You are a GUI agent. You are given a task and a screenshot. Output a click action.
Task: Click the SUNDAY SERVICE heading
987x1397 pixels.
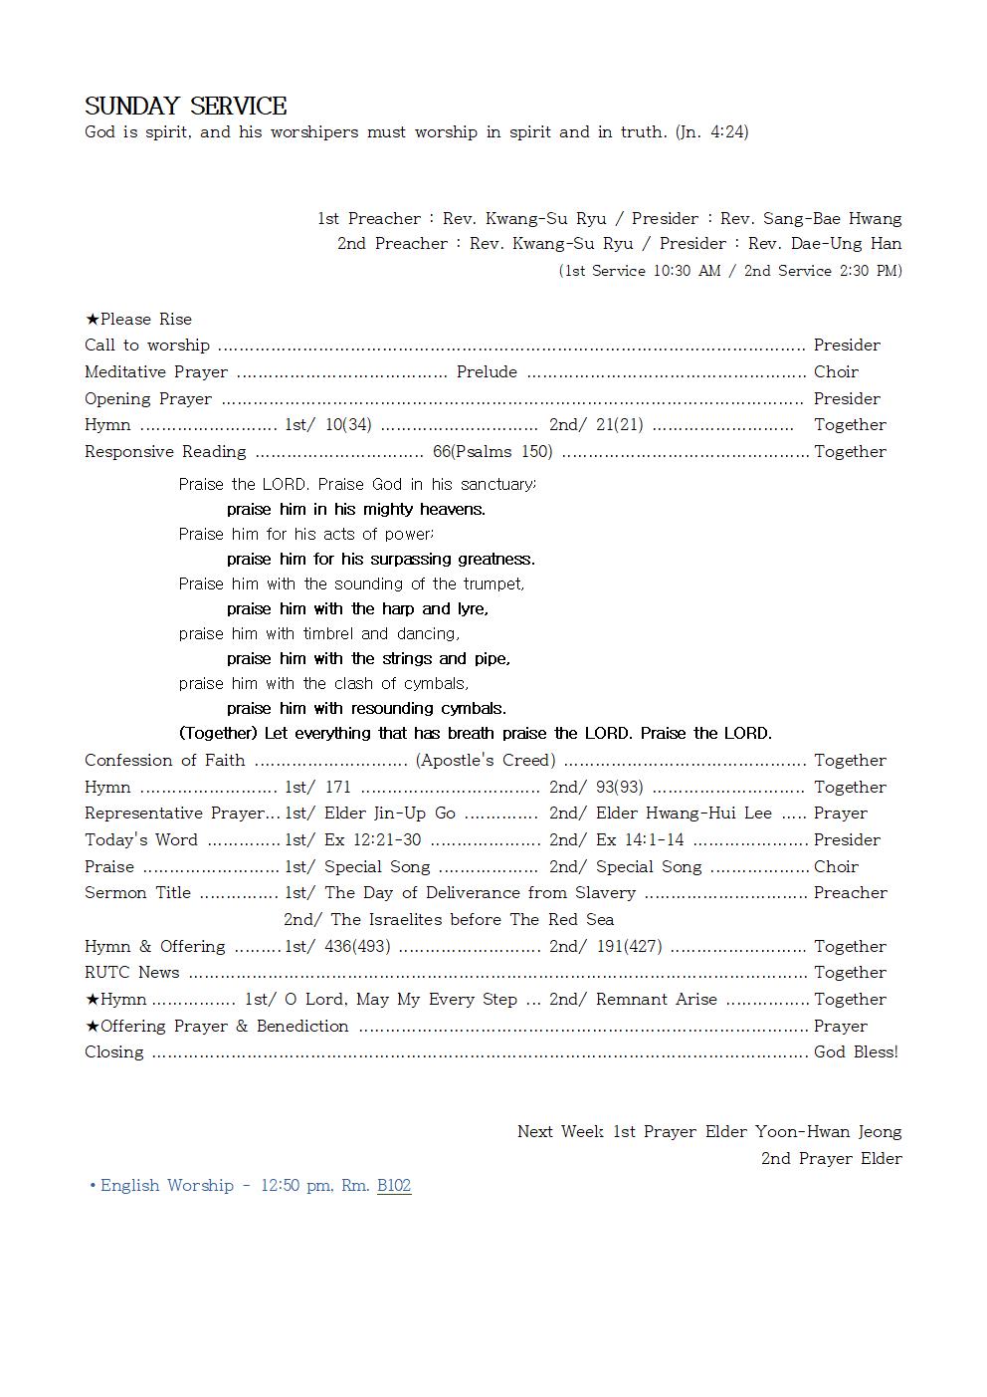tap(186, 107)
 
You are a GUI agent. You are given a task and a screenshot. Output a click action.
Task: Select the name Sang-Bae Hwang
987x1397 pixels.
tap(832, 218)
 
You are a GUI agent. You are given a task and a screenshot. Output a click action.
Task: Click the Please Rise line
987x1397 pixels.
tap(138, 319)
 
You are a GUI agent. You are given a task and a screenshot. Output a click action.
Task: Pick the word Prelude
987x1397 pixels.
tap(487, 371)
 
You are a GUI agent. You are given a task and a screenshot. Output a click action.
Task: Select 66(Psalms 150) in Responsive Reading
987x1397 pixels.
tap(493, 452)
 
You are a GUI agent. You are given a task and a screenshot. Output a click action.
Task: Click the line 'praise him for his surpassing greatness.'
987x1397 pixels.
tap(381, 559)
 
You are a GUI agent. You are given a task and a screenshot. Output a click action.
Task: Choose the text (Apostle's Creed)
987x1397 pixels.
tap(486, 761)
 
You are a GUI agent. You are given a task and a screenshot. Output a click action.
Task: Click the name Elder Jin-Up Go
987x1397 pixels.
tap(390, 814)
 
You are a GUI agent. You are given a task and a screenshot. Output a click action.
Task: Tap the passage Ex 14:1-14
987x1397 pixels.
tap(640, 840)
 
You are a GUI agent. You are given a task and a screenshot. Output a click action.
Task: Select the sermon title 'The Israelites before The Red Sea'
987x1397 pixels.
tap(472, 920)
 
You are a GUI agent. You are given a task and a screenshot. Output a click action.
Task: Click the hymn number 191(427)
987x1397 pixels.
tap(629, 946)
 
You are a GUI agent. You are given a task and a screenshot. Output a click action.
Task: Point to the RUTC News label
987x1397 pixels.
tap(132, 973)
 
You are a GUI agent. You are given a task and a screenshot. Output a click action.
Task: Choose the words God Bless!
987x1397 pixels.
tap(856, 1052)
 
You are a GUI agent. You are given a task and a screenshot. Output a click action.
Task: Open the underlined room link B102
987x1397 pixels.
tap(394, 1186)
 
